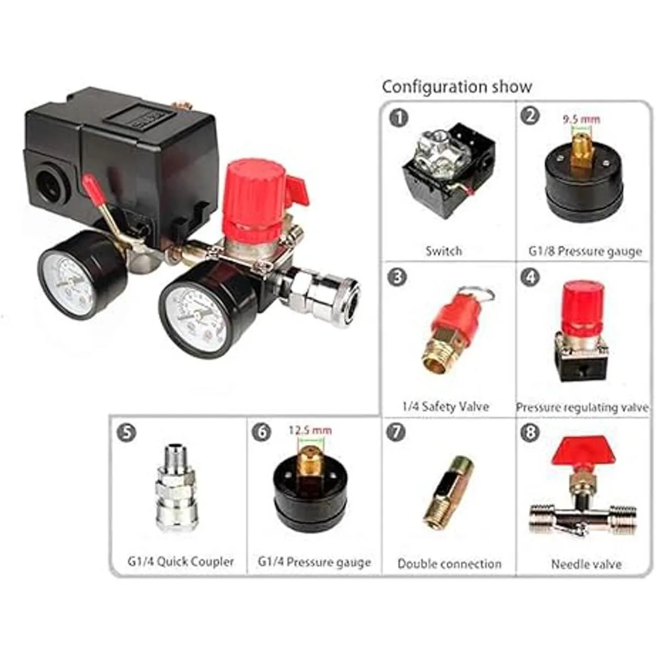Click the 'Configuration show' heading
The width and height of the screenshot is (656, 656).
tap(457, 87)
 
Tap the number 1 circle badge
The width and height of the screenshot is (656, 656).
tap(399, 119)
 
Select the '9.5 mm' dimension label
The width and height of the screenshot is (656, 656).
tap(581, 119)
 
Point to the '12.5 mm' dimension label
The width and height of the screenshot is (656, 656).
tap(311, 430)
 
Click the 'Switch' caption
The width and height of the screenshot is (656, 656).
tap(444, 251)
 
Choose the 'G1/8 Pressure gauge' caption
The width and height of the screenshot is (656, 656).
tap(585, 251)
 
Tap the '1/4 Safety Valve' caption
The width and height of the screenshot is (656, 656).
tap(446, 407)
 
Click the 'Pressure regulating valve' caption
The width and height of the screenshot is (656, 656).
tap(582, 407)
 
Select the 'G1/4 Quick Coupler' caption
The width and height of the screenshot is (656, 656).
tap(181, 561)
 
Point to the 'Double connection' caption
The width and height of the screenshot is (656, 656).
tap(449, 564)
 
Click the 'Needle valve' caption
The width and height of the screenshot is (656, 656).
tap(586, 564)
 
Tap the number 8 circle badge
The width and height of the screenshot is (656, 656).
tap(530, 432)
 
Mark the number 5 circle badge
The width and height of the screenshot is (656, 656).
tap(127, 432)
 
